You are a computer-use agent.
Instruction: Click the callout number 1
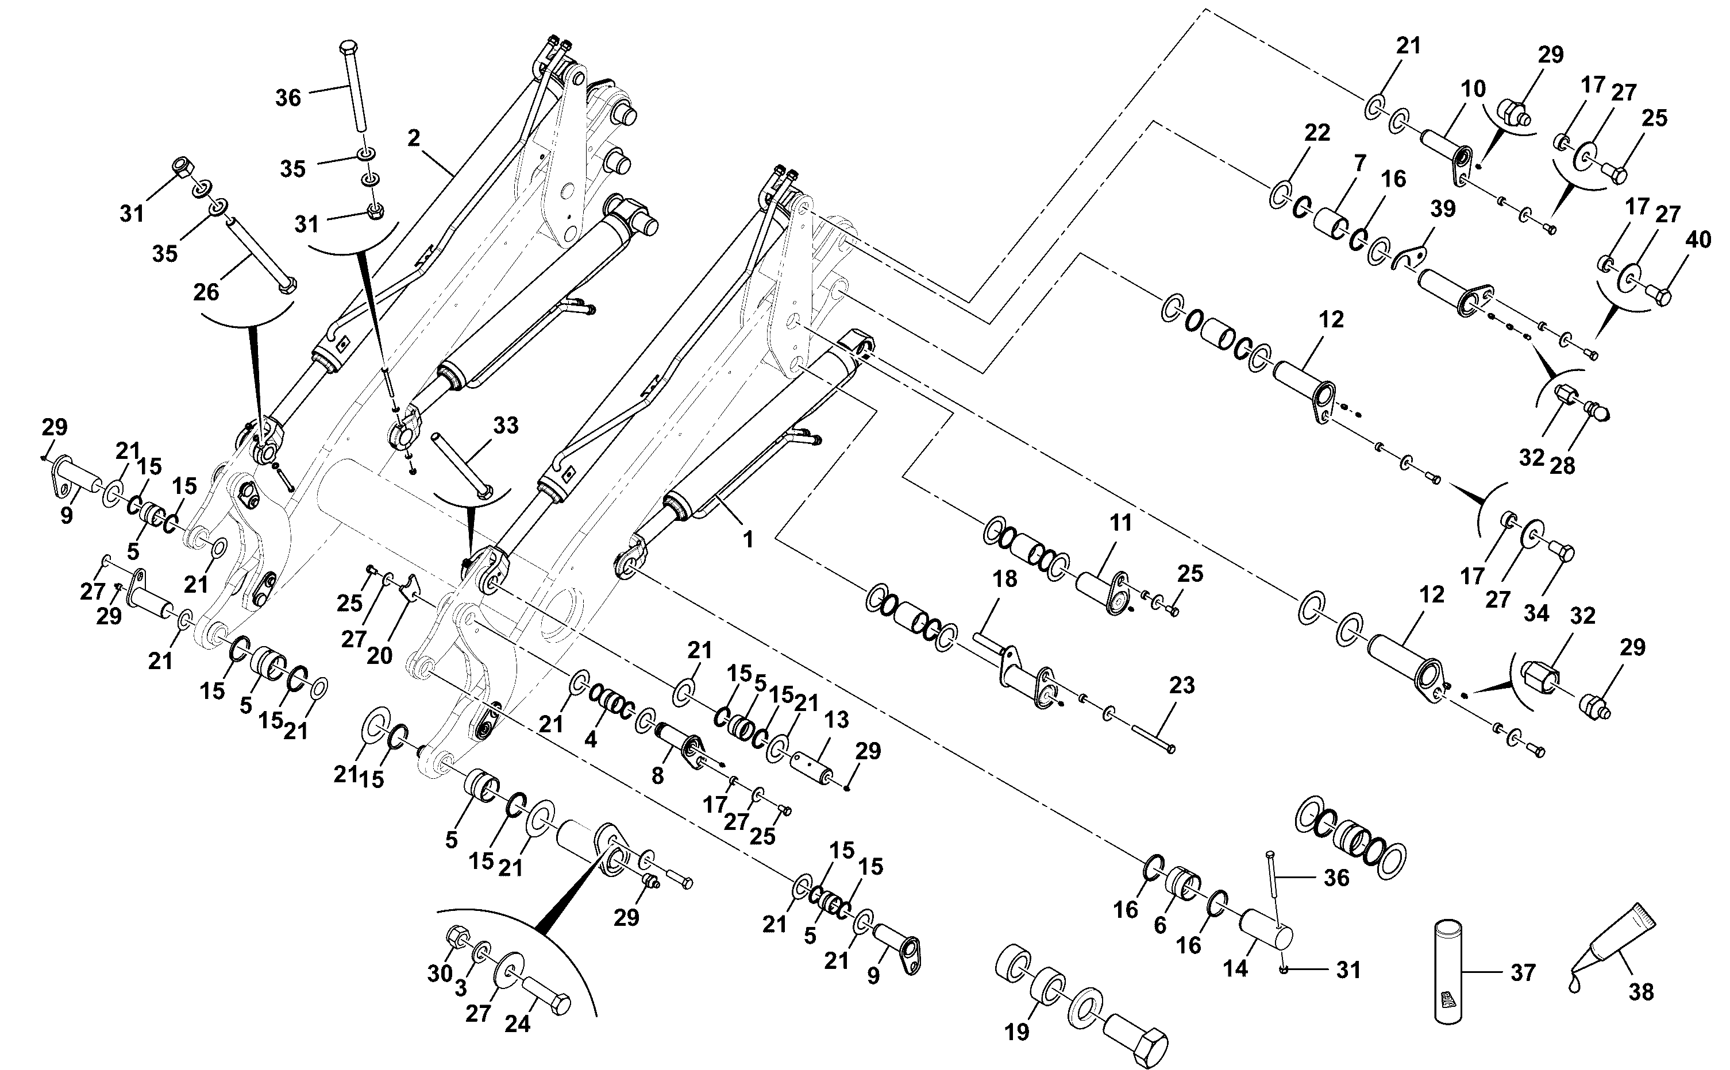(748, 540)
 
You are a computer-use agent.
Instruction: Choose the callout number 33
(506, 426)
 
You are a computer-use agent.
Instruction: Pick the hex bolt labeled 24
(546, 996)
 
